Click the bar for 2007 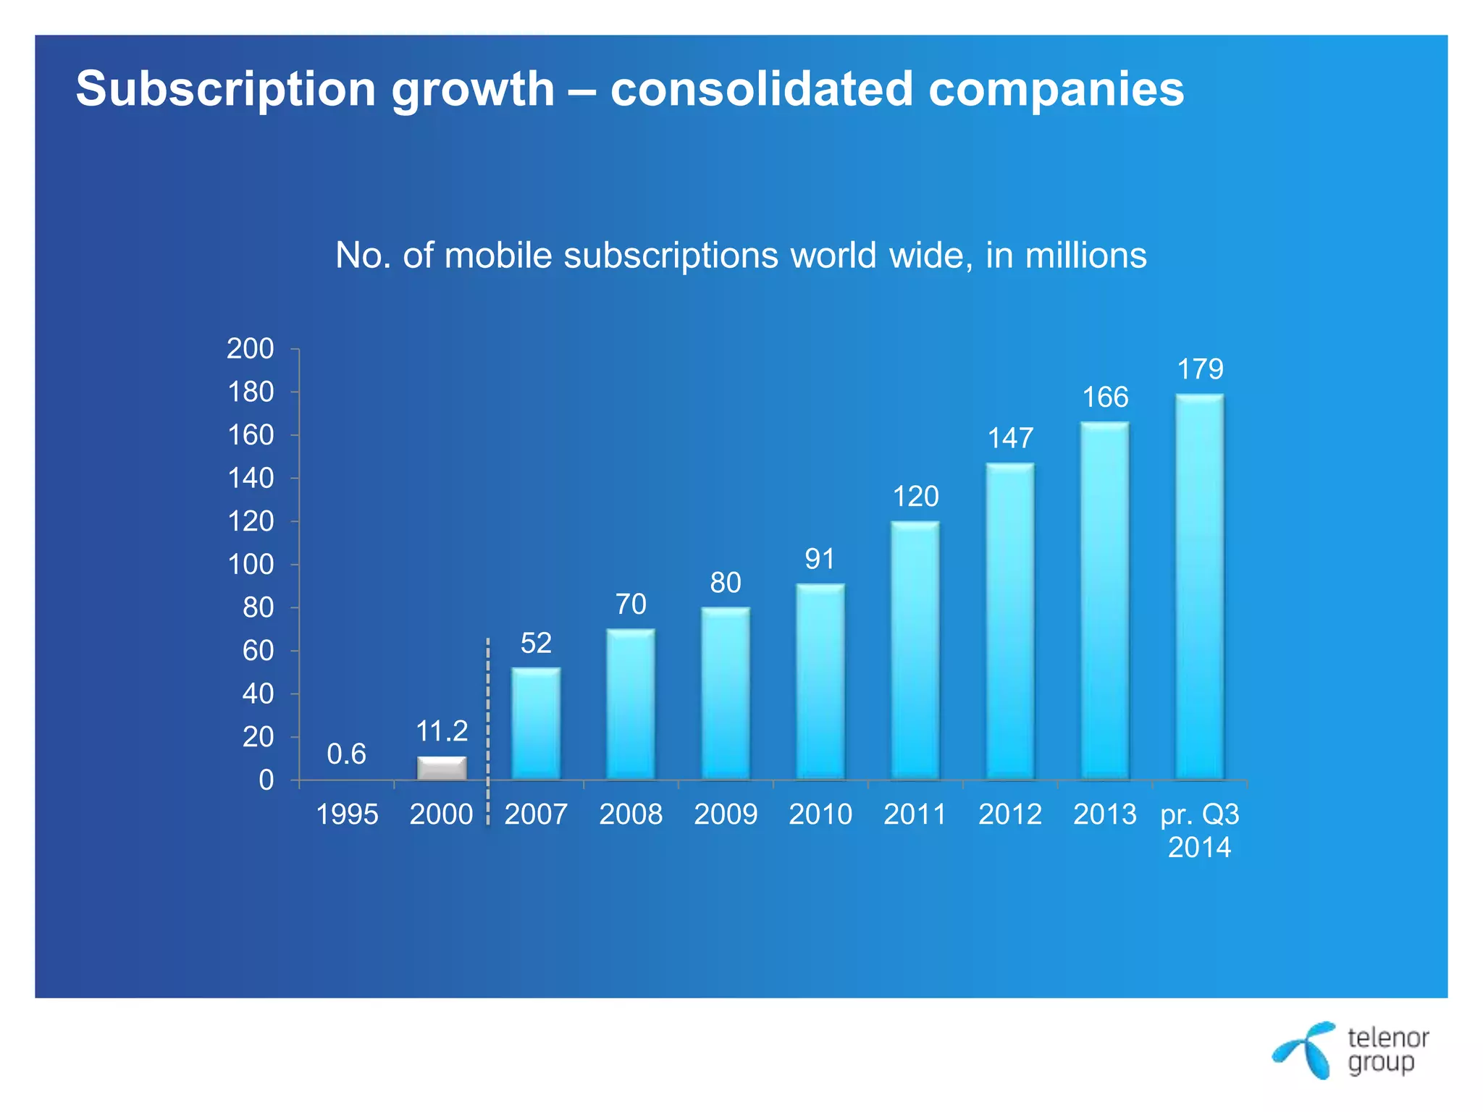(536, 723)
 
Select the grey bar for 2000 (442, 769)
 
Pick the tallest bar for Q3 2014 (1200, 586)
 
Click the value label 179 (1200, 369)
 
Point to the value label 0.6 (346, 754)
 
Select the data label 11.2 (442, 731)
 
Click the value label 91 (820, 559)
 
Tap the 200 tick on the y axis (251, 349)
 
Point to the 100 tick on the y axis (251, 565)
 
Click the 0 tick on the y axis (266, 780)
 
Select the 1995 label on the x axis (347, 814)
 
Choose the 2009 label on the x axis (726, 814)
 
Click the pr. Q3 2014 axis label (1200, 830)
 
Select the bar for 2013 (1105, 601)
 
